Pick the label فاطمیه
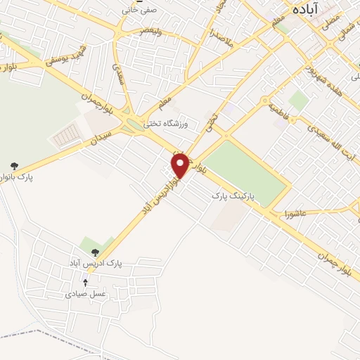(280, 110)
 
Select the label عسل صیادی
(86, 295)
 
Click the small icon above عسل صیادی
(85, 282)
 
